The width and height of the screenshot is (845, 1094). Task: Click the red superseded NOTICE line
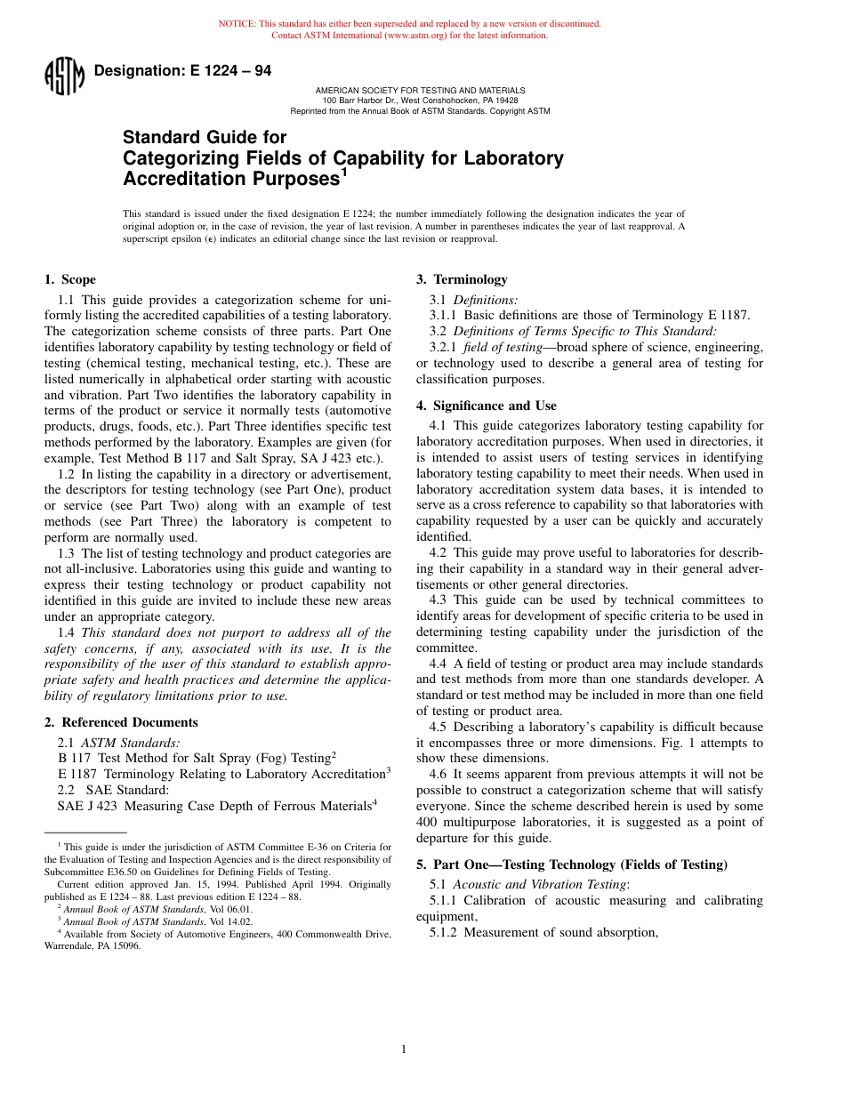pos(409,24)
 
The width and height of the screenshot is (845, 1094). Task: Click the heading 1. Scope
pos(70,279)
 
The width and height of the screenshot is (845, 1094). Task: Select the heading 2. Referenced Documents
pos(121,722)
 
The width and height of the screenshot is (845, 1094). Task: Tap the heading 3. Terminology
pos(462,279)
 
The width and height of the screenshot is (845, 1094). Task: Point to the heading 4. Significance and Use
pos(486,406)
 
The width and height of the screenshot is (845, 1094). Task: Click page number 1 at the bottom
pos(404,1050)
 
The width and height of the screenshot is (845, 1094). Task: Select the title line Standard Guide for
pos(205,137)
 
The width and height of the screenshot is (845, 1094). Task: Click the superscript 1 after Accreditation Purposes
pos(343,173)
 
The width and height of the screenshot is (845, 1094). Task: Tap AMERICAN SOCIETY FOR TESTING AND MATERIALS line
pos(420,91)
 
